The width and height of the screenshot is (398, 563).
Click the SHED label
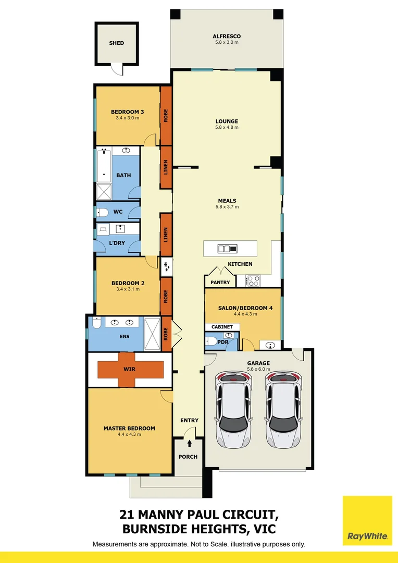click(x=117, y=43)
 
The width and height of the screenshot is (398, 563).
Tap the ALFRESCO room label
click(x=226, y=36)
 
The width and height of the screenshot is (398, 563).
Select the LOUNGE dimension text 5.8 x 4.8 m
click(x=227, y=128)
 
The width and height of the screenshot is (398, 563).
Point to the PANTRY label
click(x=219, y=282)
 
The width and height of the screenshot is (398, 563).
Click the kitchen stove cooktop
click(x=253, y=280)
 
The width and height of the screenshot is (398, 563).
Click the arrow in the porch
click(x=189, y=444)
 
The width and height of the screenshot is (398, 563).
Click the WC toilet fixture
click(x=102, y=212)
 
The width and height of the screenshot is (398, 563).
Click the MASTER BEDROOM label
click(x=129, y=429)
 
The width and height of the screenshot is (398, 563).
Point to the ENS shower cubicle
click(x=153, y=334)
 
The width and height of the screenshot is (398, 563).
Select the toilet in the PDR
click(x=212, y=341)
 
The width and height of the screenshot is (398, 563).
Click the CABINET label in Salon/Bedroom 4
click(x=222, y=327)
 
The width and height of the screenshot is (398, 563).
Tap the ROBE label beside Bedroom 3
click(x=166, y=116)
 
